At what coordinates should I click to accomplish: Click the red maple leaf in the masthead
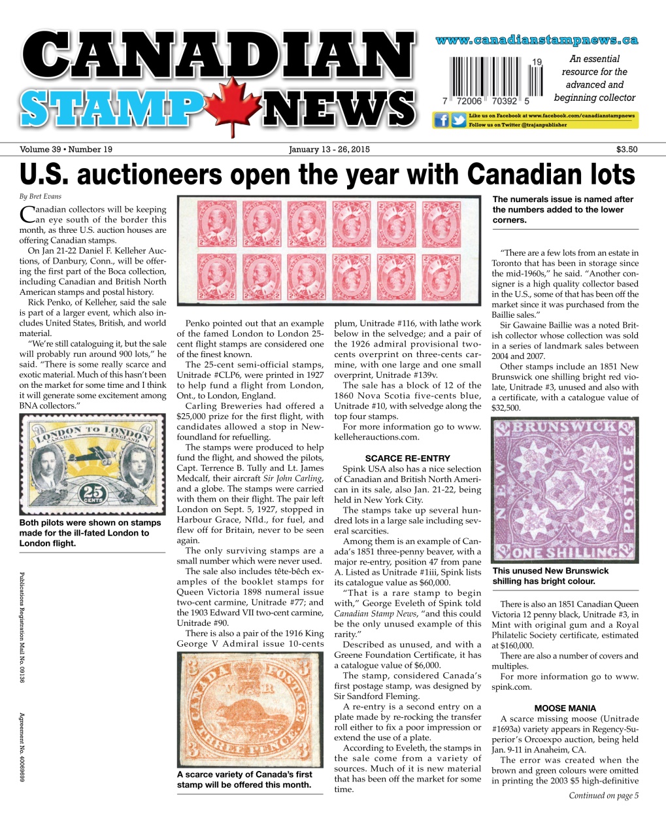(x=233, y=105)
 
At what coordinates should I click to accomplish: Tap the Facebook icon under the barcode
(x=441, y=120)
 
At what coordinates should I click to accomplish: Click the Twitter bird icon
(x=459, y=120)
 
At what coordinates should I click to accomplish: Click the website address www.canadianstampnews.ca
(x=537, y=41)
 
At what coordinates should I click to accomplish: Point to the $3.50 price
(x=627, y=149)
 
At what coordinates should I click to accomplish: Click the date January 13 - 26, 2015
(x=329, y=149)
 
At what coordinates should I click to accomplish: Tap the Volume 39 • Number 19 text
(x=66, y=149)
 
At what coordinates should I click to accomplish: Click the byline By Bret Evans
(x=41, y=196)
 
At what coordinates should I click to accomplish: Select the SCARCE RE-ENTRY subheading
(x=407, y=458)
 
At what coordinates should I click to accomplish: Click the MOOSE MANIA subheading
(x=565, y=708)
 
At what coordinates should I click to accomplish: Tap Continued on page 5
(x=603, y=796)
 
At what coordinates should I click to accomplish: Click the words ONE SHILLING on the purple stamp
(x=565, y=553)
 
